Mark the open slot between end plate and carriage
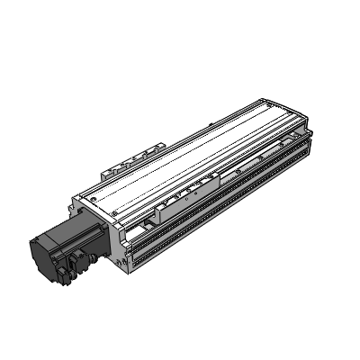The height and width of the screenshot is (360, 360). click(144, 229)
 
